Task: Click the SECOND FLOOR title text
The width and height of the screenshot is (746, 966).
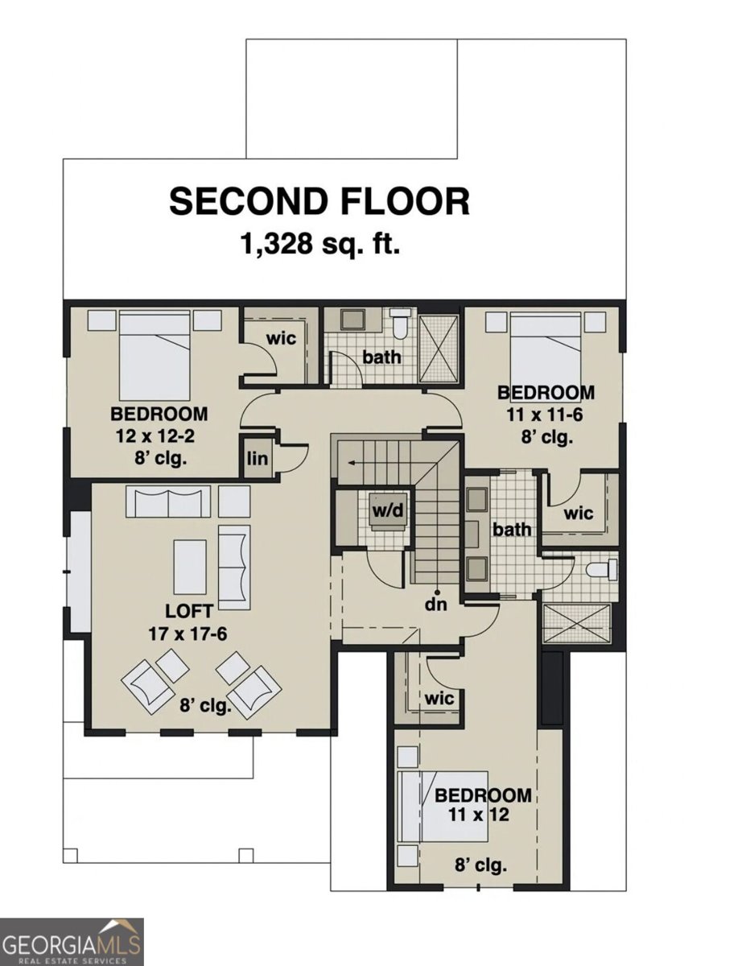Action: point(319,201)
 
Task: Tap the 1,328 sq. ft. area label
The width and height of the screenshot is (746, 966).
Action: point(320,244)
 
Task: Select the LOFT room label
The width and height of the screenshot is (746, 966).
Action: point(189,611)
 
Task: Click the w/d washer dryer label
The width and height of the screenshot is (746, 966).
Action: point(388,510)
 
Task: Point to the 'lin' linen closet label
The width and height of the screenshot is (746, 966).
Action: point(258,458)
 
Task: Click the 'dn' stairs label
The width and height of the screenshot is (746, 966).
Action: point(436,604)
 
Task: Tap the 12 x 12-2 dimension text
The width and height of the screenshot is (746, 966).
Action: point(155,436)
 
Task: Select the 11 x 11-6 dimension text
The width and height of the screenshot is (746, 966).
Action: point(545,415)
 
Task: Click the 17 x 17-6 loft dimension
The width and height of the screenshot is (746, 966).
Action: point(188,634)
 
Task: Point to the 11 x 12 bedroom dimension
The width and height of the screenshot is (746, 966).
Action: point(479,815)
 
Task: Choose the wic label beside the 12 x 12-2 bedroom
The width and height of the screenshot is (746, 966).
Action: point(281,338)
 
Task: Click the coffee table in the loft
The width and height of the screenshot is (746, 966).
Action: point(190,567)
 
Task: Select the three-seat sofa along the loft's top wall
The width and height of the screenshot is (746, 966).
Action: point(168,501)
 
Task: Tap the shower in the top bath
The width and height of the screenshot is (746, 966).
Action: point(439,349)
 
